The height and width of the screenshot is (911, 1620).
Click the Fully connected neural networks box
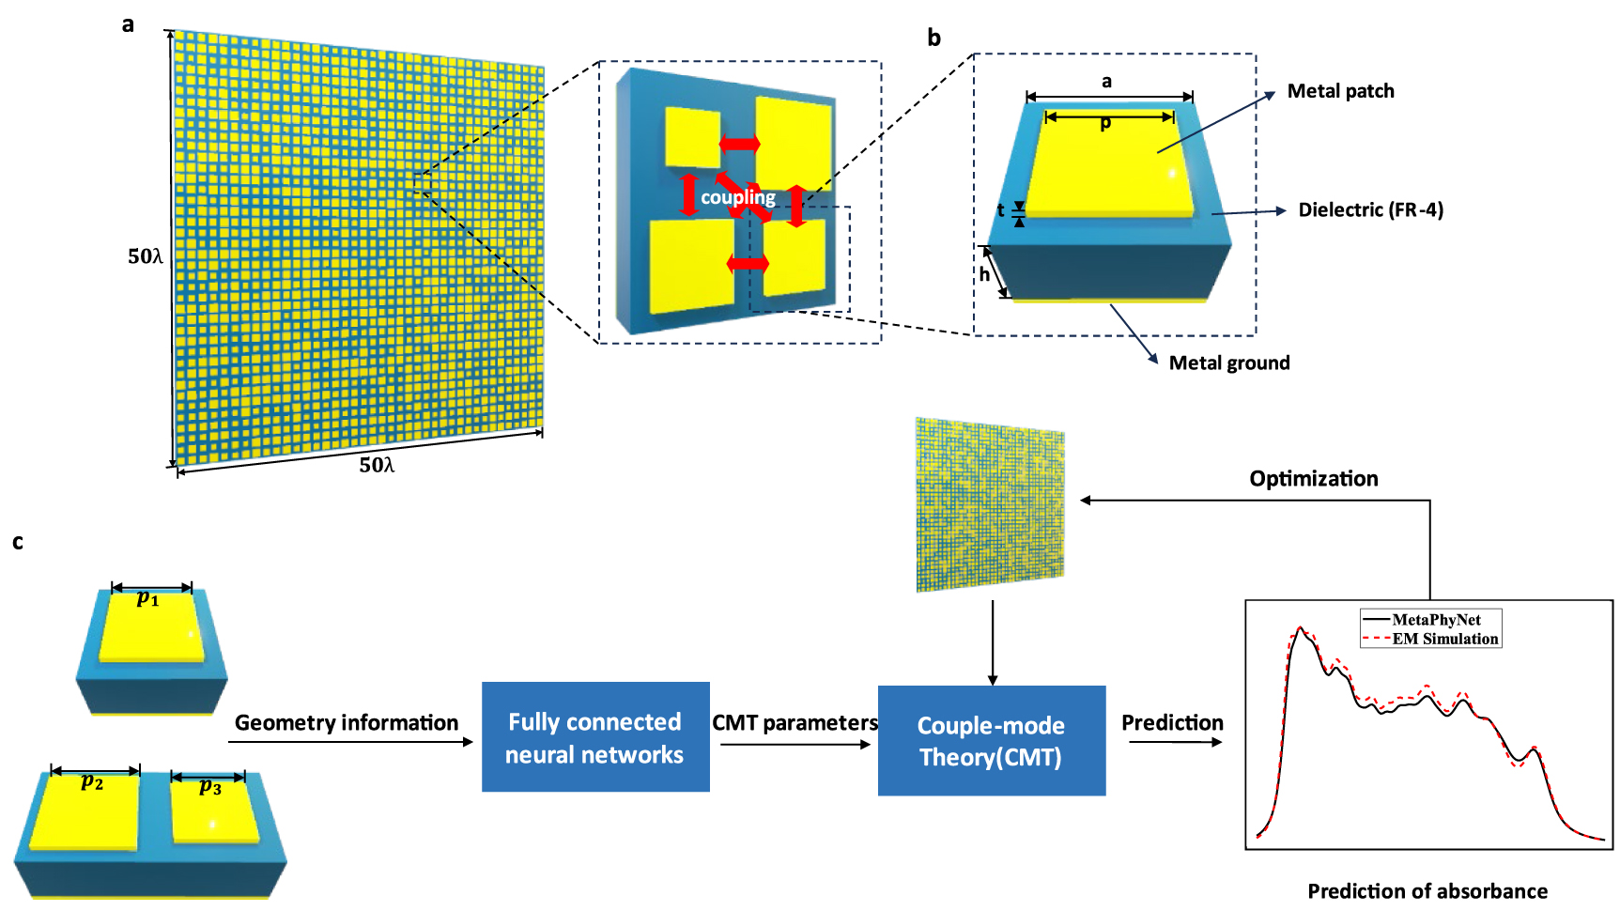click(595, 737)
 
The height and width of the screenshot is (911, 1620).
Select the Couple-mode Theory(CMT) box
click(991, 741)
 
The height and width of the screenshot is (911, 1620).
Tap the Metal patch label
click(1340, 91)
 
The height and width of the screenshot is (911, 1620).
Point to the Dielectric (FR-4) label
click(1370, 209)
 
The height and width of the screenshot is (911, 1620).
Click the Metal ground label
click(1228, 363)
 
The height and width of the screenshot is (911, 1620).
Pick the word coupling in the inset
click(738, 197)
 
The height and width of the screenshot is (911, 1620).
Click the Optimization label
click(1313, 479)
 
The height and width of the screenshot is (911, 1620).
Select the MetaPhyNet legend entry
click(1435, 620)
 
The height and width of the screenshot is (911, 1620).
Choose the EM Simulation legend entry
click(1444, 639)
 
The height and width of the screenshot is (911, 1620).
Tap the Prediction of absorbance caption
click(1427, 890)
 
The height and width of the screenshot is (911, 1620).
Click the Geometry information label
click(346, 722)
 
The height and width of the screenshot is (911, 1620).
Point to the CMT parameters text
click(795, 722)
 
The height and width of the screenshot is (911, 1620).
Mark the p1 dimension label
click(148, 598)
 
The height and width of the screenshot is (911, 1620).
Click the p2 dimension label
click(92, 781)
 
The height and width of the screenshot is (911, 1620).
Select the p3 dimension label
click(210, 787)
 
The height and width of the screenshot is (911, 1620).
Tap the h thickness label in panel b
click(984, 274)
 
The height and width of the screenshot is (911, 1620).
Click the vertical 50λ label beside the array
click(146, 256)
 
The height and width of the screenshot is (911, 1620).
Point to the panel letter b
click(933, 38)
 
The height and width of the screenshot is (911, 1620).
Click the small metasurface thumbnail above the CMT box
click(990, 505)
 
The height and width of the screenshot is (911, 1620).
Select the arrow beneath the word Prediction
click(1175, 742)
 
